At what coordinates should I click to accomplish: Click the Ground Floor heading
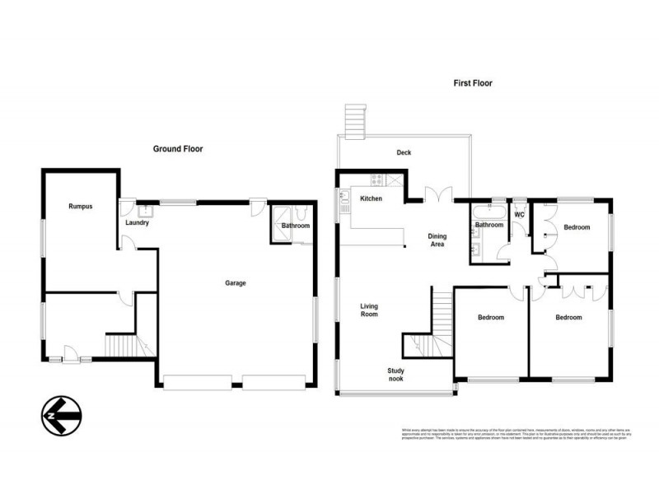click(x=178, y=149)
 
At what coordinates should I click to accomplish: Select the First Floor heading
click(x=473, y=83)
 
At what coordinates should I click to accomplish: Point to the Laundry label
click(x=136, y=222)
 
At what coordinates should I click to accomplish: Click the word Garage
click(x=236, y=283)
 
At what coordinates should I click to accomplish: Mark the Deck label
click(x=403, y=152)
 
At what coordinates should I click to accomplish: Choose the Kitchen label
click(x=372, y=198)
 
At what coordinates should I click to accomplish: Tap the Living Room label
click(x=368, y=310)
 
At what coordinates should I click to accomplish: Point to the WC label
click(x=519, y=215)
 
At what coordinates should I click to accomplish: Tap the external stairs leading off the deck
click(x=355, y=122)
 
